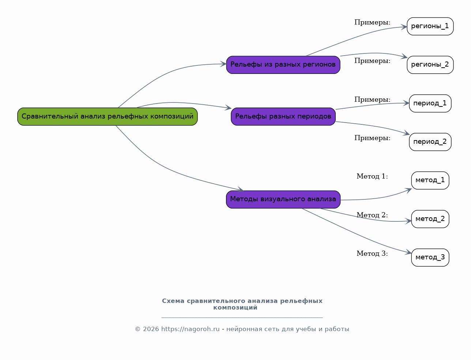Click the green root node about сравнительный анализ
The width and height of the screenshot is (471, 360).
point(107,117)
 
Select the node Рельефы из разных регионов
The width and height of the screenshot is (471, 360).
point(283,65)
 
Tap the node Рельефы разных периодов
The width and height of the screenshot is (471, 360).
point(283,117)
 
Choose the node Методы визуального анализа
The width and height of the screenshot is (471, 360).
point(283,199)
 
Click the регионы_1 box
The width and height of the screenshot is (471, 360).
point(430,26)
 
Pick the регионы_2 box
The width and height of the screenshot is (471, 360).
point(430,65)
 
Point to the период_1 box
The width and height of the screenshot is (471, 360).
point(430,103)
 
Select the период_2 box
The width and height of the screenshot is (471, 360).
point(430,142)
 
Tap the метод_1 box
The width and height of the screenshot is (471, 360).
point(430,180)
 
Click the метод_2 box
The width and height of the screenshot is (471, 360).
point(430,219)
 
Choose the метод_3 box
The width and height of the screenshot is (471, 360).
point(430,258)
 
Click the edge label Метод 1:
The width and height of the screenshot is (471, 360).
point(372,176)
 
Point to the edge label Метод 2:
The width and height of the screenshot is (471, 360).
point(372,215)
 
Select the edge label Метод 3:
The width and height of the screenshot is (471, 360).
point(372,253)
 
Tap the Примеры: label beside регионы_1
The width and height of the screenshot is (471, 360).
point(372,22)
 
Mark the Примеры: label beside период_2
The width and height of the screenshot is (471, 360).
point(372,138)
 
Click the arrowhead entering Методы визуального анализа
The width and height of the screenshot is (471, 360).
point(241,189)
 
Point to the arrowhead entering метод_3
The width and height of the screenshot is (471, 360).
point(408,252)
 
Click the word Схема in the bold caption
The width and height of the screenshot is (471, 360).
point(173,301)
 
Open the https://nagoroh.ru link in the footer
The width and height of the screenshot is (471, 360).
point(190,329)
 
